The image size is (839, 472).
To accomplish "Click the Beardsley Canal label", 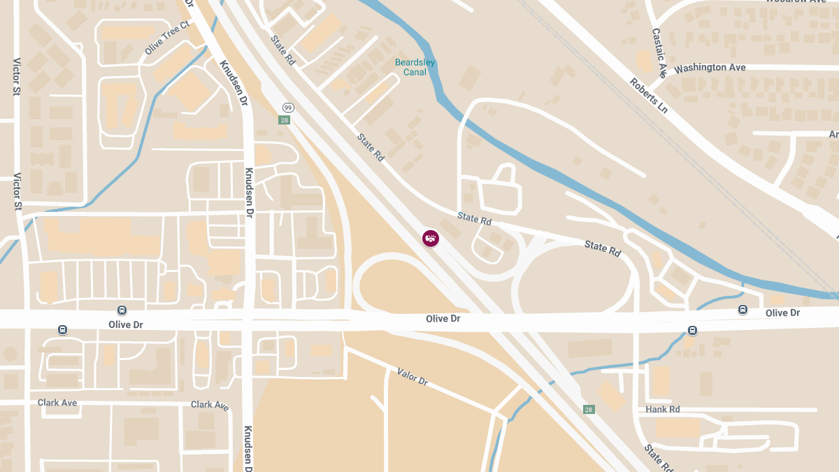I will pyautogui.click(x=415, y=67).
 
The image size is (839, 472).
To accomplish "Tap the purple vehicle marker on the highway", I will pyautogui.click(x=431, y=238).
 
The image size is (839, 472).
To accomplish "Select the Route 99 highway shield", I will pyautogui.click(x=287, y=107).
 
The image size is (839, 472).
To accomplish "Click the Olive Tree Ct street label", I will pyautogui.click(x=167, y=38).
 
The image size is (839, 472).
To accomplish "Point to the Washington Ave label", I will pyautogui.click(x=710, y=68).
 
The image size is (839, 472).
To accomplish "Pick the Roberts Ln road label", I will pyautogui.click(x=648, y=95).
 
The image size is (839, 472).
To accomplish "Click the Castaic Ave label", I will pyautogui.click(x=659, y=52).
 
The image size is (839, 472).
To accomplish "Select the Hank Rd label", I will pyautogui.click(x=663, y=409).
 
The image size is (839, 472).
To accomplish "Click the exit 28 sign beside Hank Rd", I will pyautogui.click(x=589, y=409).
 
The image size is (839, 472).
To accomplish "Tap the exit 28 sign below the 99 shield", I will pyautogui.click(x=285, y=120).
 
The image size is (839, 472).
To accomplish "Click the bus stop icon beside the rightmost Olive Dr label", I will pyautogui.click(x=743, y=310).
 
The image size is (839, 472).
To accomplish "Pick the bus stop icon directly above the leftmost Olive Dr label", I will pyautogui.click(x=122, y=310).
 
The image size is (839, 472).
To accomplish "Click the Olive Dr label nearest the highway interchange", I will pyautogui.click(x=443, y=319).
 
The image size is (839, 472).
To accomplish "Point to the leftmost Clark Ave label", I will pyautogui.click(x=57, y=403).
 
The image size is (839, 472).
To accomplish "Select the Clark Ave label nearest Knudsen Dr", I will pyautogui.click(x=210, y=405).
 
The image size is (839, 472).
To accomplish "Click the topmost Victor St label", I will pyautogui.click(x=17, y=76).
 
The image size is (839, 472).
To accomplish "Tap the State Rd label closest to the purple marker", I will pyautogui.click(x=474, y=219).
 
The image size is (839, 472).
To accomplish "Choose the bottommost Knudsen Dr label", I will pyautogui.click(x=248, y=448).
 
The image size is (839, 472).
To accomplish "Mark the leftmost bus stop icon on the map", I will pyautogui.click(x=62, y=329).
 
